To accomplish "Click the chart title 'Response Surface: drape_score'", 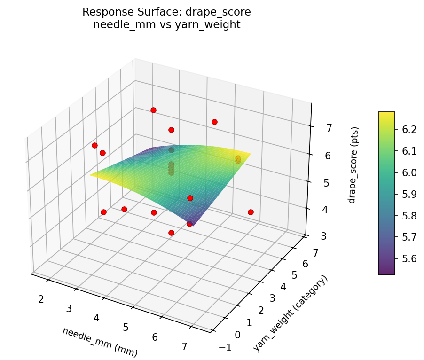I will click(166, 12).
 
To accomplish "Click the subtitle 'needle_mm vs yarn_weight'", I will click(166, 25).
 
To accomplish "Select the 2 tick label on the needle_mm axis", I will click(41, 299).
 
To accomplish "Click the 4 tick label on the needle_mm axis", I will click(97, 318).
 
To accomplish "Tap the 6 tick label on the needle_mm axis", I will click(155, 337).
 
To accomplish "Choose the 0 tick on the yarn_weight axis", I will click(237, 335).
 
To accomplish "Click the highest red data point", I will click(153, 110).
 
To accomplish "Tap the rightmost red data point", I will click(251, 212).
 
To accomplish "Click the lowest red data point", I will click(171, 233).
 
